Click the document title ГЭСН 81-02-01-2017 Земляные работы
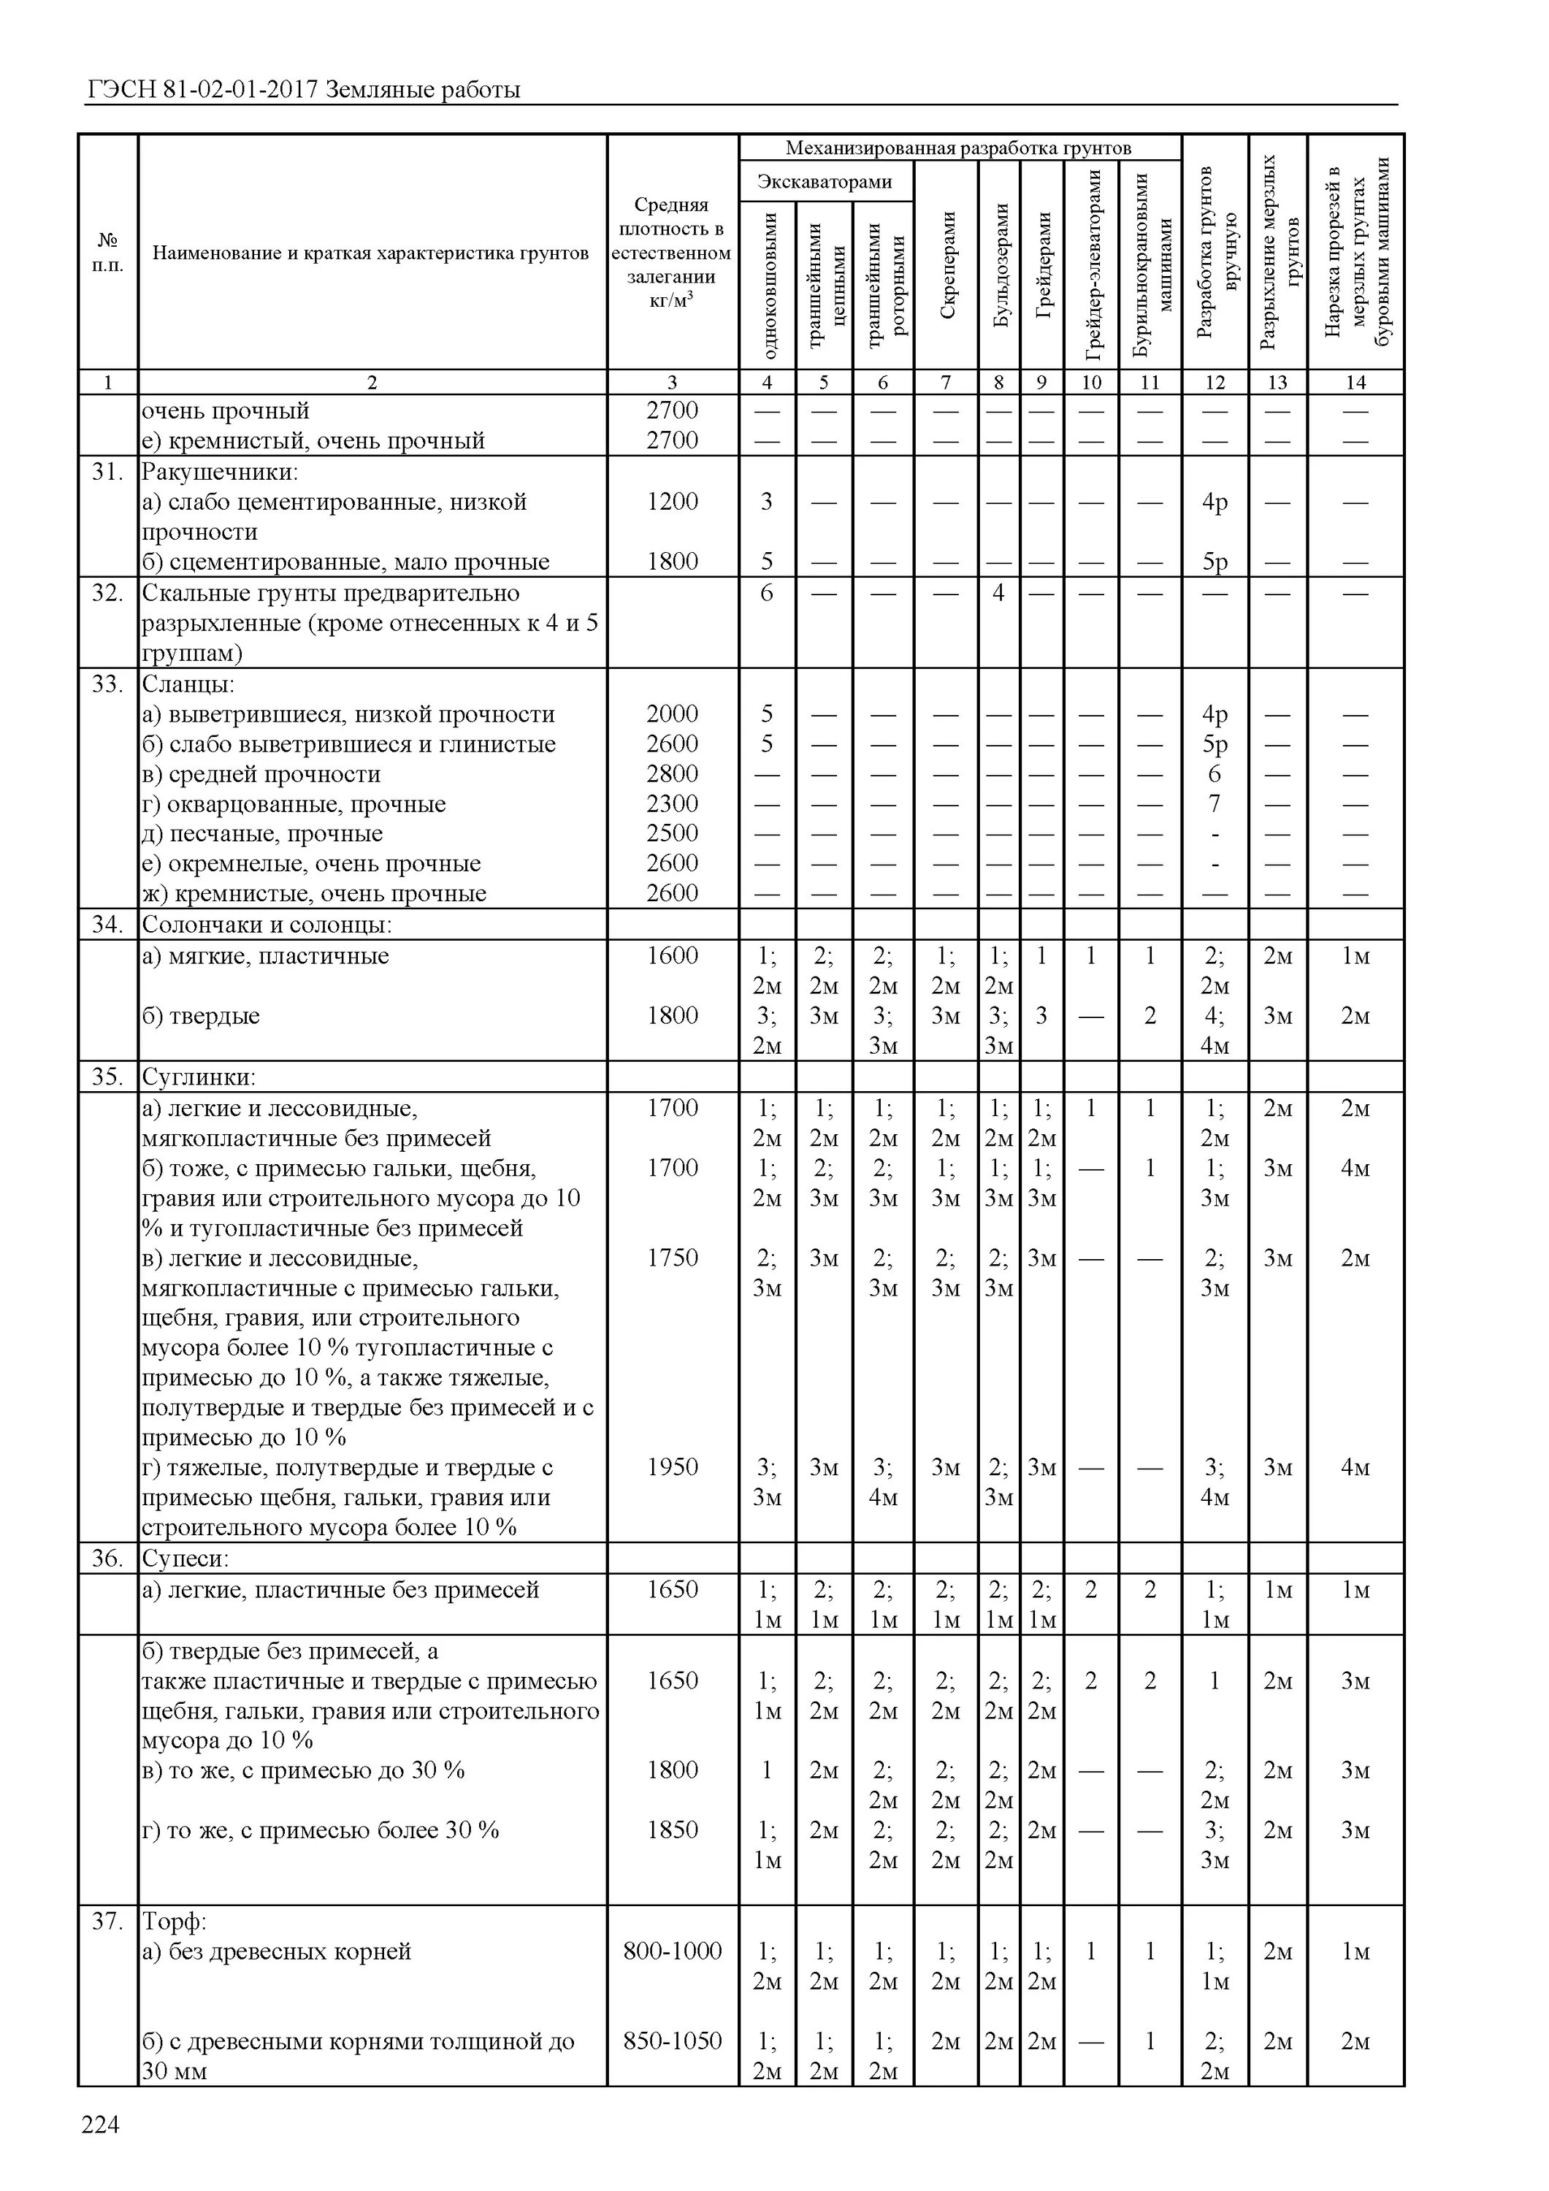[x=304, y=91]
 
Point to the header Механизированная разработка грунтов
[x=958, y=148]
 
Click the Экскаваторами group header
[x=825, y=181]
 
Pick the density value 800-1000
[x=672, y=1951]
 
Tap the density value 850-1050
[x=672, y=2041]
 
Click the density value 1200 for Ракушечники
[x=672, y=502]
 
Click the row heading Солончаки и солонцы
[x=267, y=925]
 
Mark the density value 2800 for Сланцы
[x=672, y=774]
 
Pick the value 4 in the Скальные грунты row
[x=998, y=592]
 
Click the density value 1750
[x=672, y=1258]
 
